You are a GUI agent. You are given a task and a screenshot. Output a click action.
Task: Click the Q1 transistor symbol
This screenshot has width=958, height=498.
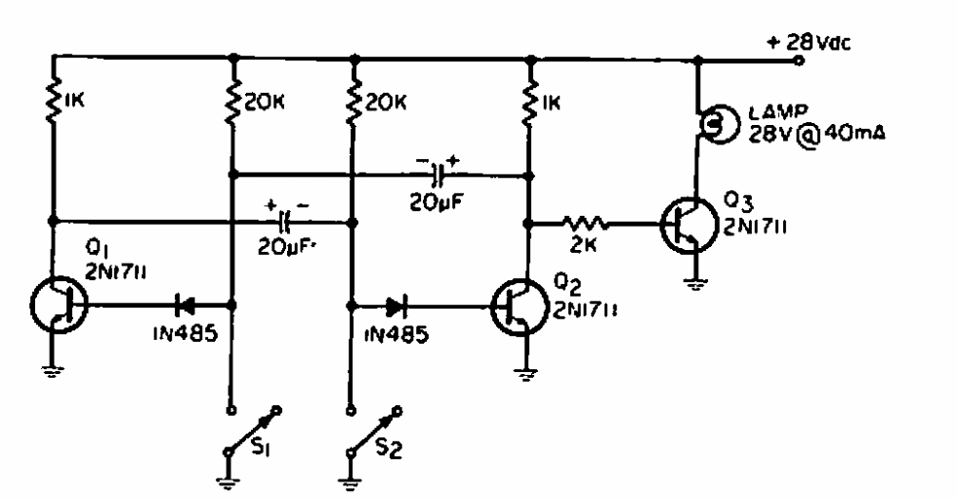tap(59, 305)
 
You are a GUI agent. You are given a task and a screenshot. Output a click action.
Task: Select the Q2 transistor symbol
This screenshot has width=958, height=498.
tap(519, 308)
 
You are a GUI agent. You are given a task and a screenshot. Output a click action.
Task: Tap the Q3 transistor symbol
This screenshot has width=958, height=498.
tap(689, 225)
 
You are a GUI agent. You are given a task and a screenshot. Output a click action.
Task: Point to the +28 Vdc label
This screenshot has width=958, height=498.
tap(809, 42)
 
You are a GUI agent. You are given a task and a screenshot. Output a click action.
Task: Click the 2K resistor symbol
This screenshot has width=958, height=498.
tap(585, 225)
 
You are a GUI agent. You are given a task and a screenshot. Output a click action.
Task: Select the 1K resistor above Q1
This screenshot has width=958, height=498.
tap(53, 99)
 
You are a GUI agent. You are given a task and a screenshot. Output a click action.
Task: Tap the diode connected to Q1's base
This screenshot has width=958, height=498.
tap(185, 304)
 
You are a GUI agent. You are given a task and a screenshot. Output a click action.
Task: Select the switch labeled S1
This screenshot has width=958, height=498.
tap(253, 431)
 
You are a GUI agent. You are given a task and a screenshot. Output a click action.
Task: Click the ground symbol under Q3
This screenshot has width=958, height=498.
tap(694, 282)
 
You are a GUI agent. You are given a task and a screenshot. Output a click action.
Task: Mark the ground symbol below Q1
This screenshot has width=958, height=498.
tap(52, 370)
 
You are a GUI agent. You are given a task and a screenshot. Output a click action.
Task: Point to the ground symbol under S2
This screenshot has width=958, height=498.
tap(349, 480)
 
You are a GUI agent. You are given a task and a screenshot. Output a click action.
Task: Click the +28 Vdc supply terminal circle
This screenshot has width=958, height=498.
tap(797, 61)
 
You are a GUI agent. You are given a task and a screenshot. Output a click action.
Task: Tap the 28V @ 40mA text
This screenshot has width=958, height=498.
tap(816, 135)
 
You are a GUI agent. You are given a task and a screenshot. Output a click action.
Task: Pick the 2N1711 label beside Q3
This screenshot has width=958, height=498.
tap(755, 227)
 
